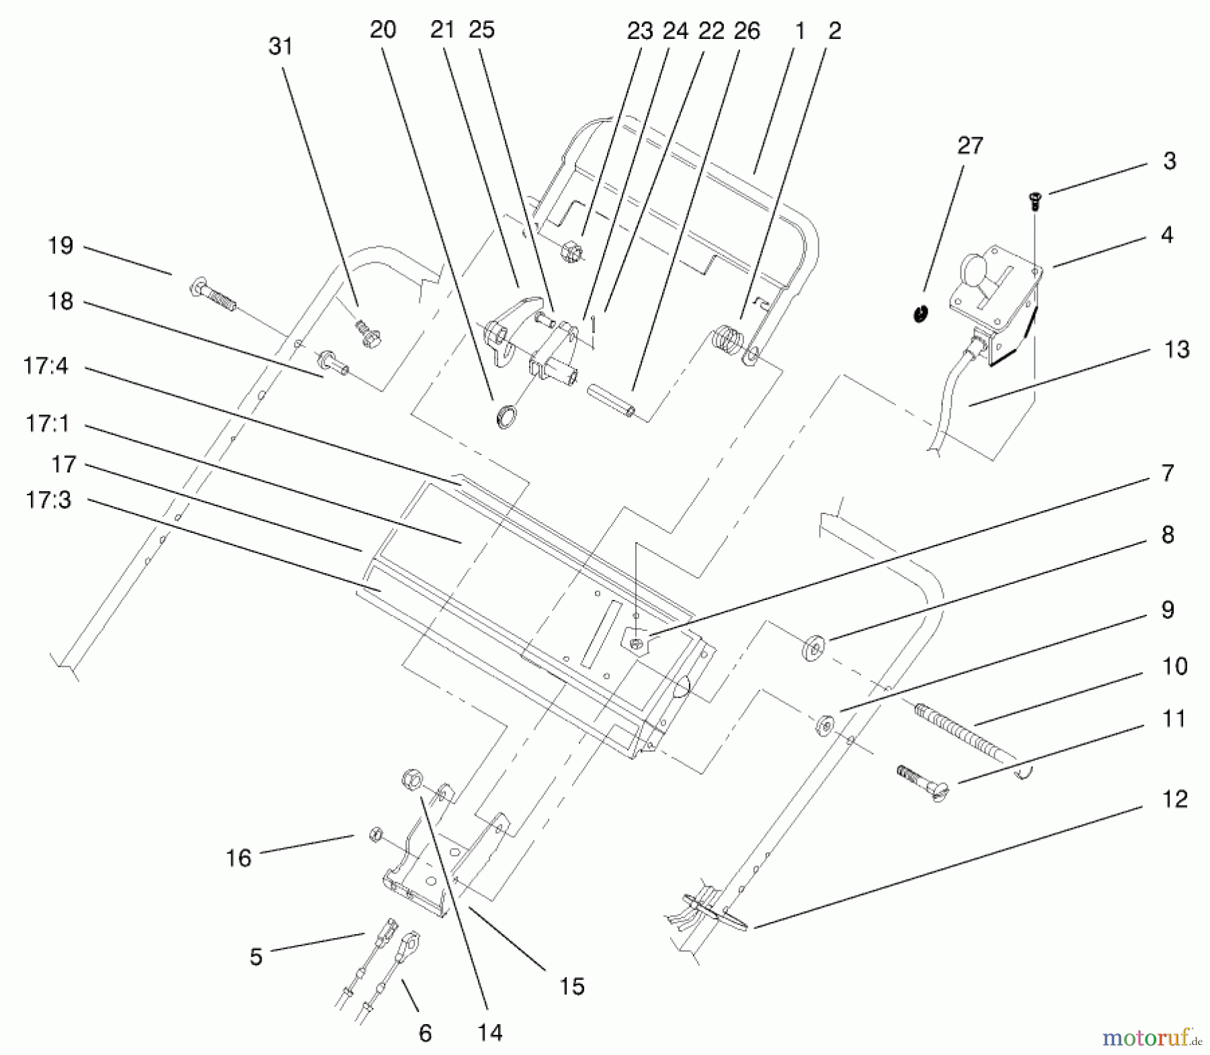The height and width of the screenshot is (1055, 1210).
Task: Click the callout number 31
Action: coord(280,46)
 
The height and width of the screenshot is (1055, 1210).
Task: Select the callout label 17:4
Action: coord(46,366)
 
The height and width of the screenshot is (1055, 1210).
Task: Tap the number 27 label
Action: coord(969,145)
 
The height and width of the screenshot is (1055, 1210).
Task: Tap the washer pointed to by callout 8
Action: coord(814,649)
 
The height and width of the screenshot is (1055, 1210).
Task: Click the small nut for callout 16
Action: coord(376,835)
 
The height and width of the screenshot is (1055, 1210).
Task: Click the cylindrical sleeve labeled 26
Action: coord(611,400)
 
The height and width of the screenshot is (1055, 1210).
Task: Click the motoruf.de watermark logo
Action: coord(1150,1038)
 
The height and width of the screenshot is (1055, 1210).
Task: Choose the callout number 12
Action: coord(1174,799)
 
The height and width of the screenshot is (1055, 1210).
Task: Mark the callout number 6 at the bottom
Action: coord(425,1033)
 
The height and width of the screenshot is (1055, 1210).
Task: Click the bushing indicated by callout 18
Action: coord(335,364)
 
